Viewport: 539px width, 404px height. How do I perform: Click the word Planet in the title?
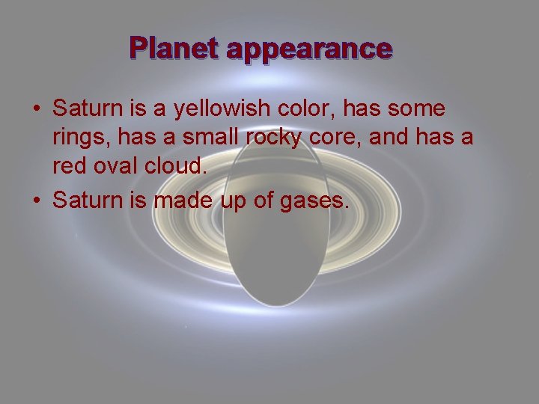tap(174, 49)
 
